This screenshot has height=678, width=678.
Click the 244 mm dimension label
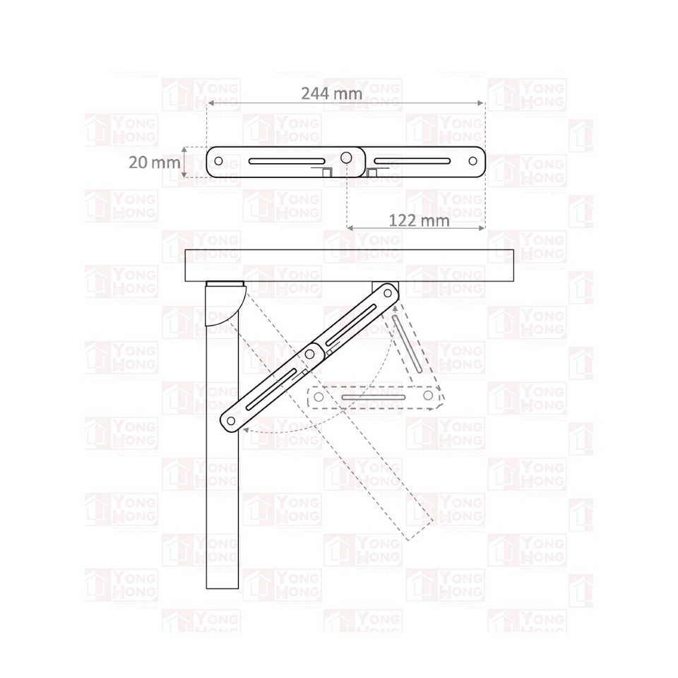pos(332,93)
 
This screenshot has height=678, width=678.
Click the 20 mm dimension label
pos(155,162)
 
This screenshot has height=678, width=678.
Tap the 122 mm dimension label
pos(419,220)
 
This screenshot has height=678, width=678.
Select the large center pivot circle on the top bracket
pos(346,157)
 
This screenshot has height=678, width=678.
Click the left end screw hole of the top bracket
pos(218,161)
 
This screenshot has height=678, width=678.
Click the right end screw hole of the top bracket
pos(472,161)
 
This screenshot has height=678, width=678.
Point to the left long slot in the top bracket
pos(287,161)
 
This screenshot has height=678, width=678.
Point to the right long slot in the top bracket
pos(412,161)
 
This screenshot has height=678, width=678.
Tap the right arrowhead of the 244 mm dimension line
pos(480,103)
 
